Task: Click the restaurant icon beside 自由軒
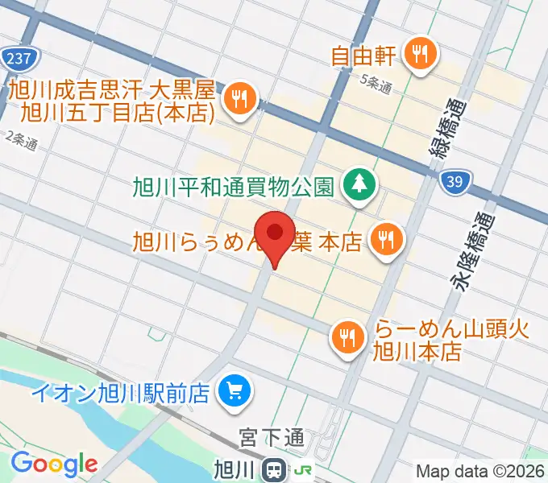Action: click(419, 54)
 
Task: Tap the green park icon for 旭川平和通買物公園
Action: click(357, 184)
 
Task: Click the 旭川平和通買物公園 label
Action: click(233, 187)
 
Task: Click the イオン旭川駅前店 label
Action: click(121, 394)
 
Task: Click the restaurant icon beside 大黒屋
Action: click(240, 99)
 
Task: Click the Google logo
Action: click(53, 464)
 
